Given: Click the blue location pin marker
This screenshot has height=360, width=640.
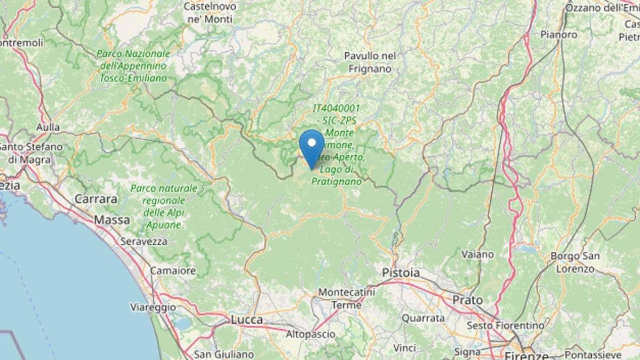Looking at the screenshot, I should (311, 146).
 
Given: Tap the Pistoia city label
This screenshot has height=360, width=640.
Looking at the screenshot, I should (401, 273).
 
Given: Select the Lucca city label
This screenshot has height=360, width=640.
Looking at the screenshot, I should (247, 319).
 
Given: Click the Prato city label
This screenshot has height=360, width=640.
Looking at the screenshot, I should (468, 300).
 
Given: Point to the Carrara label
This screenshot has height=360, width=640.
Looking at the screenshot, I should (96, 199).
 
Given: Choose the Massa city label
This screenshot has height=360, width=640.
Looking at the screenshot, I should (111, 220).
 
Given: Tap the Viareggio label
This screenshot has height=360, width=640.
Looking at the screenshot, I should (153, 307).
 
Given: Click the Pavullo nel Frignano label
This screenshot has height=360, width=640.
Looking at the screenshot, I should (370, 62).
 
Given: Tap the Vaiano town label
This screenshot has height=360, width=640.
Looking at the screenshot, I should (477, 254).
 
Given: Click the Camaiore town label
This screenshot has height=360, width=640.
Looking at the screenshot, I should (172, 271).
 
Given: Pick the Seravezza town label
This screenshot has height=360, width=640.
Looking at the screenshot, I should (143, 242).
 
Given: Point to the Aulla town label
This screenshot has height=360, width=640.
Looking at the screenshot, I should (48, 127).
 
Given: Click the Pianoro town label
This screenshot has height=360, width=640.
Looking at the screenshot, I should (558, 35).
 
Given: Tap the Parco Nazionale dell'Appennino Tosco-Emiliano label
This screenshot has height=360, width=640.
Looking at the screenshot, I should (133, 66).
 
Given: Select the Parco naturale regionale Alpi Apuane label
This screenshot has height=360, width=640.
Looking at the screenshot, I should (164, 207).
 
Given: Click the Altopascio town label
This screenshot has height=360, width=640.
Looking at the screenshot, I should (311, 334).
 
